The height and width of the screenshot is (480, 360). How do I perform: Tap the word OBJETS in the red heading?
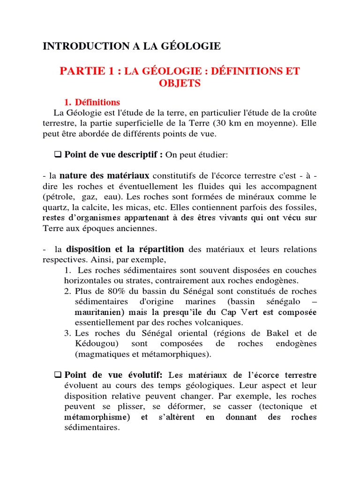[x=180, y=83]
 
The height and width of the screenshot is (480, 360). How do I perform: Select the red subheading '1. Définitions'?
[x=92, y=102]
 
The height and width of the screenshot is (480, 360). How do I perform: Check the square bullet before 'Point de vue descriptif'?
[x=59, y=154]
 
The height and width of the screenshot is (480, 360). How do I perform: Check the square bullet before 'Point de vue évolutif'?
[x=59, y=375]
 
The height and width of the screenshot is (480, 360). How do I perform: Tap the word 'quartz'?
[x=54, y=207]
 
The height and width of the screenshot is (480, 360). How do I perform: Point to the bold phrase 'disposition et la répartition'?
[x=125, y=249]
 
